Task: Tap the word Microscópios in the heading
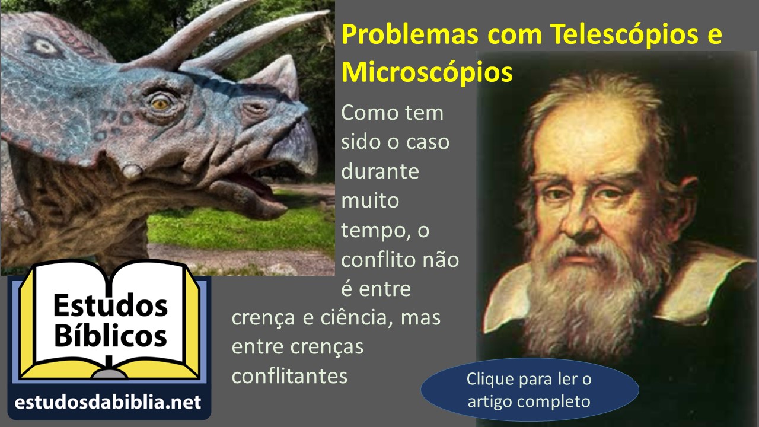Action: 427,73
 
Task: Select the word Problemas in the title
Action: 410,34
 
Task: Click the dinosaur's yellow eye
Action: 160,103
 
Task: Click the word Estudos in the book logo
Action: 110,305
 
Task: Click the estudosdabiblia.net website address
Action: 108,403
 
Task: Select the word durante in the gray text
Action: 380,171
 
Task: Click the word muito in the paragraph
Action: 370,200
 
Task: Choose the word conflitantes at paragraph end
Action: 289,376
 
